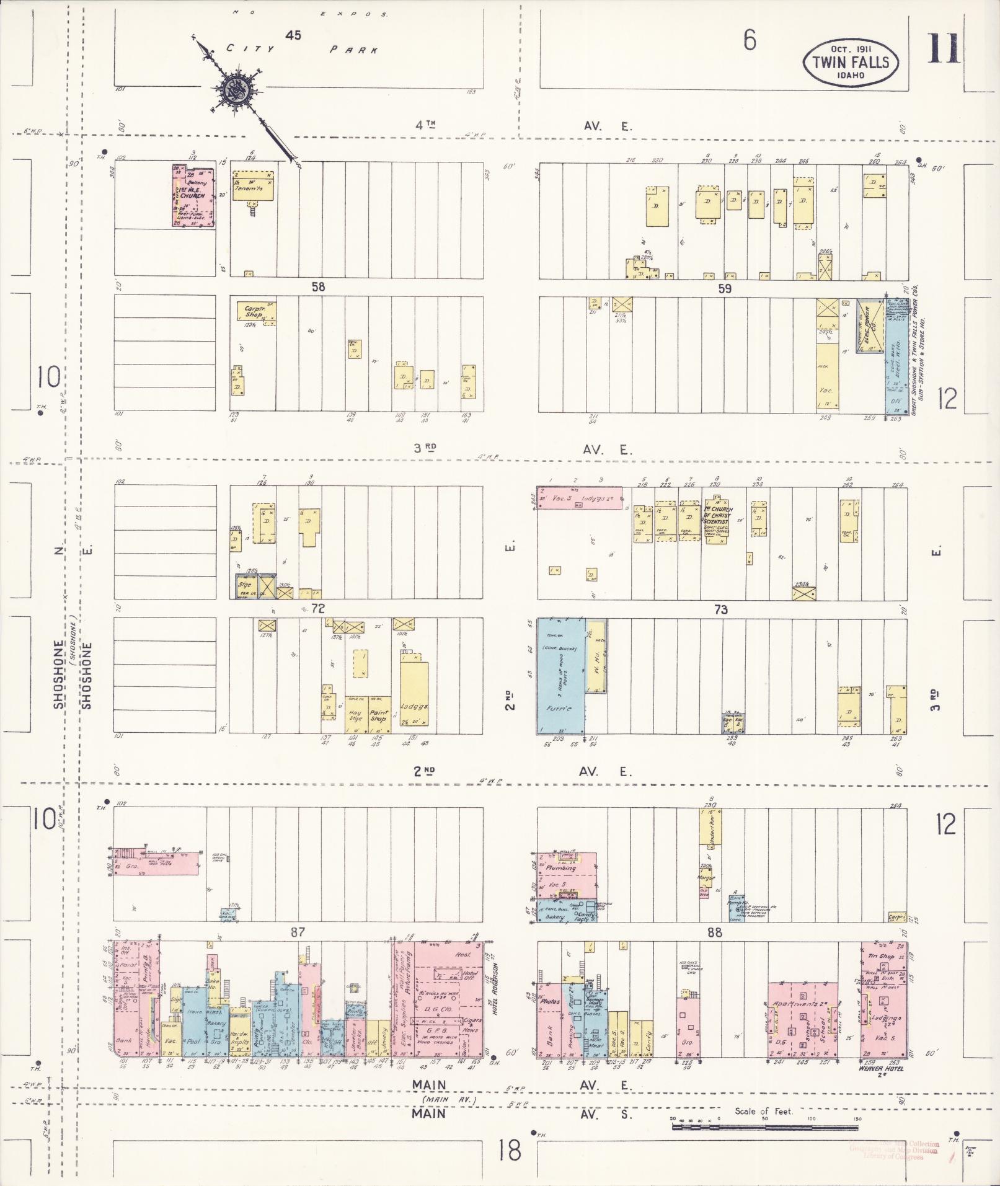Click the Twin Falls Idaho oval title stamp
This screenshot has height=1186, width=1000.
(850, 62)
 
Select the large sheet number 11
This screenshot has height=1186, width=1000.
(943, 48)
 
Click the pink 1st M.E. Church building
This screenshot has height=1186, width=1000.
(192, 196)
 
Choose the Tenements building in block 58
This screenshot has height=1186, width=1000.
(252, 187)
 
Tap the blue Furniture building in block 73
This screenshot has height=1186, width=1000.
(560, 676)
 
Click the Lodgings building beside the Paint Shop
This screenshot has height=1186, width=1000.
(414, 697)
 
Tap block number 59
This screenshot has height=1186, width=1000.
(724, 288)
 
